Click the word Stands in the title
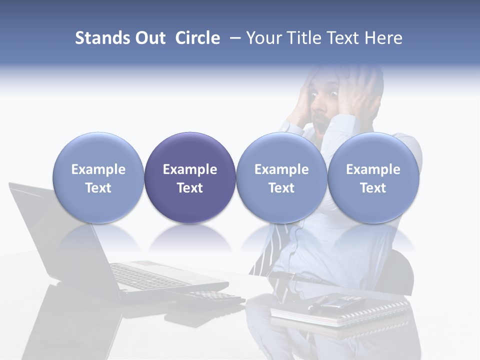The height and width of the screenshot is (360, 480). [102, 38]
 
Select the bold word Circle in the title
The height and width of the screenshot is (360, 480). [197, 38]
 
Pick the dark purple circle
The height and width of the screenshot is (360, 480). [190, 177]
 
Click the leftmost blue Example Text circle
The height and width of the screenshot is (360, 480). [98, 177]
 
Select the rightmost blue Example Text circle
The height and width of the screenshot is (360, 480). [373, 177]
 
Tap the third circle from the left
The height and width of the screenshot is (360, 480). [281, 177]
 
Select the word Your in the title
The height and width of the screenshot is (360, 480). [263, 38]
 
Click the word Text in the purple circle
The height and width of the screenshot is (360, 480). [190, 188]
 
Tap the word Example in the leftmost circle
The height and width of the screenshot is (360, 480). [98, 169]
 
